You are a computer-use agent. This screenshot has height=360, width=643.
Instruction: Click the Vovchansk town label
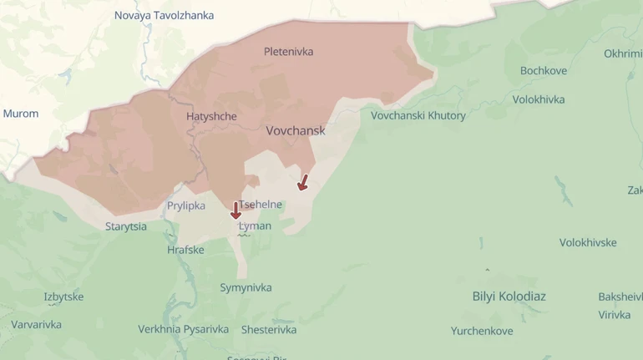click(x=296, y=131)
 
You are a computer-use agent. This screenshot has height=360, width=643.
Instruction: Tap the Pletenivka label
click(x=288, y=52)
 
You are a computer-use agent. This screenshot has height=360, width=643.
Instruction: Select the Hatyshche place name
click(x=211, y=117)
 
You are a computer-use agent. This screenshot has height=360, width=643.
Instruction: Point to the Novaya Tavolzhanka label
click(x=164, y=16)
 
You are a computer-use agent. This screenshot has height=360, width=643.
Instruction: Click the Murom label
click(x=21, y=114)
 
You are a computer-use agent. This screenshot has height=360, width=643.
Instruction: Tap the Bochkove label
click(x=543, y=71)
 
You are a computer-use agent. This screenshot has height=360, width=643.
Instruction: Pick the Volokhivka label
click(x=539, y=99)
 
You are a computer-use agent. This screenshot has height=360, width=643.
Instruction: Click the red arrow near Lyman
click(x=235, y=210)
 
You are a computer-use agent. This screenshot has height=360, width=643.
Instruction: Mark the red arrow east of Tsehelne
click(x=303, y=182)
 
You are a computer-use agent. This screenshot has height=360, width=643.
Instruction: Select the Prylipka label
click(x=186, y=205)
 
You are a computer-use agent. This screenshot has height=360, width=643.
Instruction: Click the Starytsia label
click(x=126, y=226)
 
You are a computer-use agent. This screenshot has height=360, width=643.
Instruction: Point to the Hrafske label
click(x=185, y=250)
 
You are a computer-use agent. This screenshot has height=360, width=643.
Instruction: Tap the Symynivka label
click(x=246, y=288)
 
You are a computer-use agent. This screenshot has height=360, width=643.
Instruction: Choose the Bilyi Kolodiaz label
click(x=509, y=297)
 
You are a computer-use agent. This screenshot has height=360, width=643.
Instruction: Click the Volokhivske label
click(x=588, y=243)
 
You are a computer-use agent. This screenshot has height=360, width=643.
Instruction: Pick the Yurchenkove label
click(x=482, y=331)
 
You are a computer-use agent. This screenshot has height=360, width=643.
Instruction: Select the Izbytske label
click(x=63, y=297)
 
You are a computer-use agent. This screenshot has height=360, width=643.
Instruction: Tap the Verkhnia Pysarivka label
click(x=183, y=329)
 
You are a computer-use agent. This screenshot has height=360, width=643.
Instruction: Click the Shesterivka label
click(x=269, y=330)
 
